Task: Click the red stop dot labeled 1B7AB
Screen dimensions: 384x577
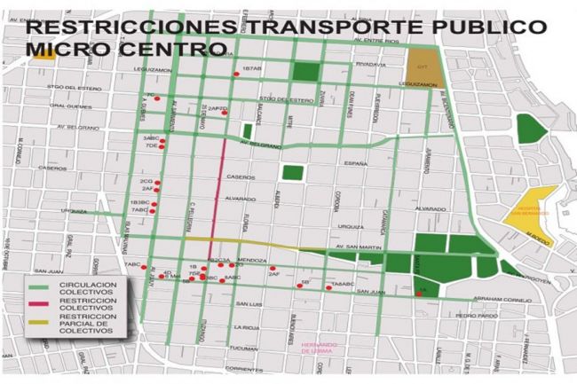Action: [x=236, y=74]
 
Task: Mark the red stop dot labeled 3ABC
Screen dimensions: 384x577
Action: [x=163, y=138]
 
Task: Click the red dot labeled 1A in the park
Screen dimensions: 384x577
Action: [x=418, y=294]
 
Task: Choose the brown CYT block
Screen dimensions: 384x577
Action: [x=423, y=64]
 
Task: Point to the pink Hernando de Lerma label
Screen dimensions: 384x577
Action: [x=320, y=348]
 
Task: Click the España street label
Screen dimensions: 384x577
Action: [x=356, y=164]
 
